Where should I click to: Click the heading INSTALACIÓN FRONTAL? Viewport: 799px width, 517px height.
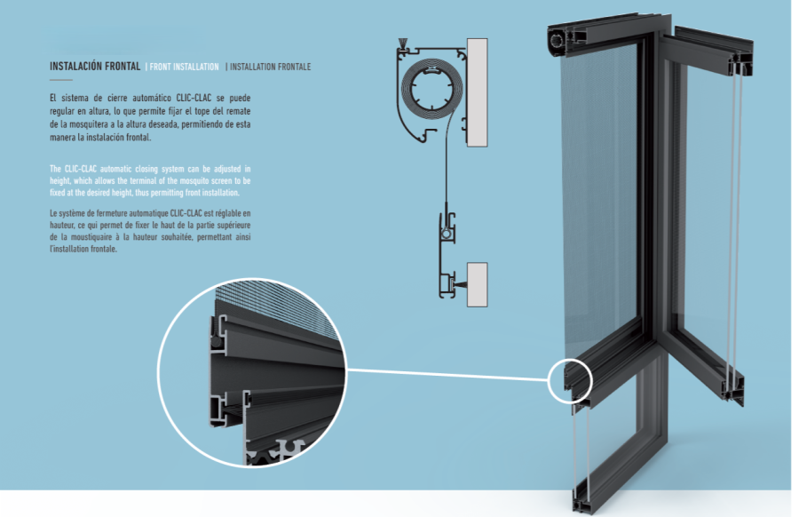[96, 66]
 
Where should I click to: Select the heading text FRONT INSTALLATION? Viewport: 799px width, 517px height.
[184, 67]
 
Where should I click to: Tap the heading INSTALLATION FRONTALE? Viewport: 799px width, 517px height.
[270, 67]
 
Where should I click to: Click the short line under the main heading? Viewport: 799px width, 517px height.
[61, 80]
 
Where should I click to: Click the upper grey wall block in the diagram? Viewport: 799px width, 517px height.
[478, 91]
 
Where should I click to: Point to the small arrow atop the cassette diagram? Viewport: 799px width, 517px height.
[404, 43]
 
